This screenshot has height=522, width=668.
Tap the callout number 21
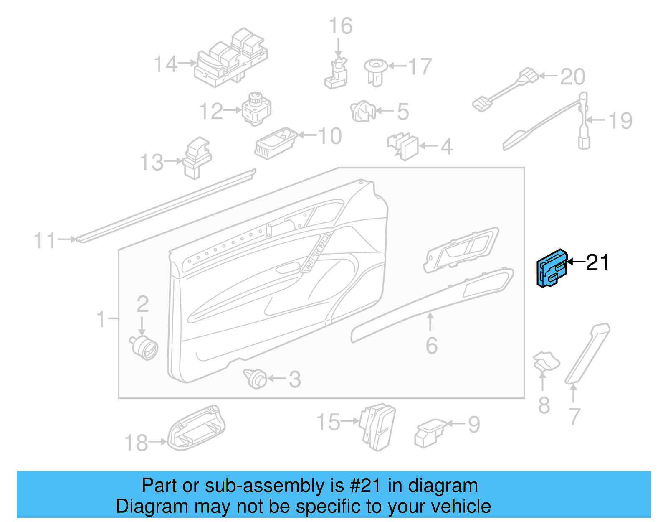pos(597,262)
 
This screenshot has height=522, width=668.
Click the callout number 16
pos(340,26)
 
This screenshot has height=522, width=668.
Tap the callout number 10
pos(330,136)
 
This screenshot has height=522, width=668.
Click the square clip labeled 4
pos(404,147)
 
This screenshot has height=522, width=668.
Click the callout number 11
pos(45,241)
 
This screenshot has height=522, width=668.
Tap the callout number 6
pos(432,345)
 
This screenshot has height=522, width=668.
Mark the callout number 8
pos(544,405)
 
